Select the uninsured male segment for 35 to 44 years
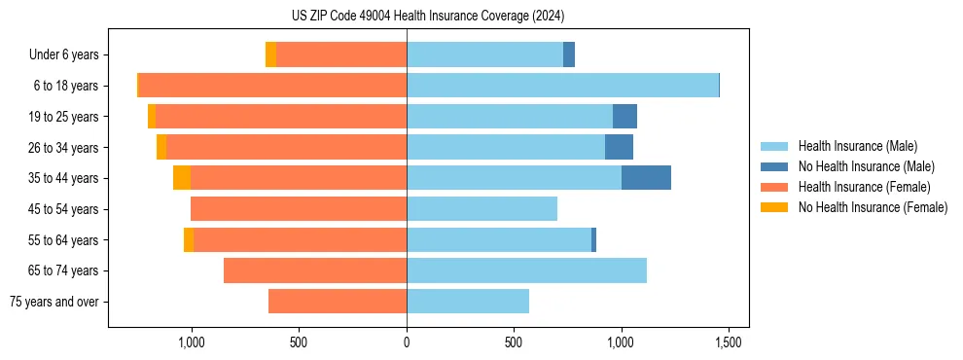point(646,178)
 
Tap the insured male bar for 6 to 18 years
point(562,86)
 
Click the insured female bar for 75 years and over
point(338,302)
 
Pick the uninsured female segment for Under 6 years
point(270,55)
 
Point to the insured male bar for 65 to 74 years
point(526,270)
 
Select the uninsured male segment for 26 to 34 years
point(619,148)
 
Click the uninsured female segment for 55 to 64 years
point(189,240)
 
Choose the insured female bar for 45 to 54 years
point(299,209)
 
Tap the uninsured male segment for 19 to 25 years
point(624,117)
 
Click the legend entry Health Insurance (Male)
point(857,146)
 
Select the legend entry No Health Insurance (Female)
point(873,207)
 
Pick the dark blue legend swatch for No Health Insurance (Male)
point(774,166)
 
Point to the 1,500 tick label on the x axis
point(730,342)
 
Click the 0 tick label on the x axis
point(407,342)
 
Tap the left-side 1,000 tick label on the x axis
point(191,342)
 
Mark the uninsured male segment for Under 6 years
point(569,55)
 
